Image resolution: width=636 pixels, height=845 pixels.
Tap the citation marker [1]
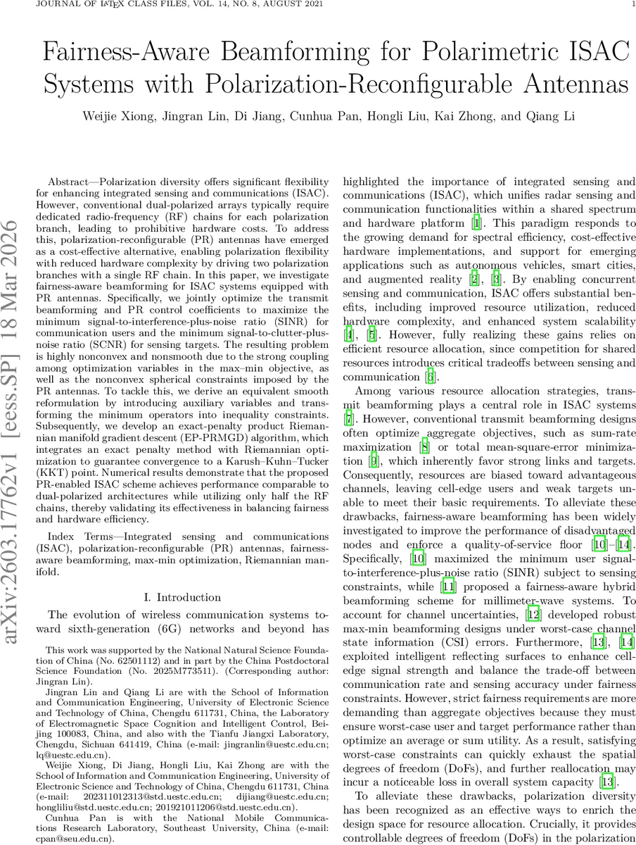(x=476, y=224)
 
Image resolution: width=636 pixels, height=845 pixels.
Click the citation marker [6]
(x=431, y=377)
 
